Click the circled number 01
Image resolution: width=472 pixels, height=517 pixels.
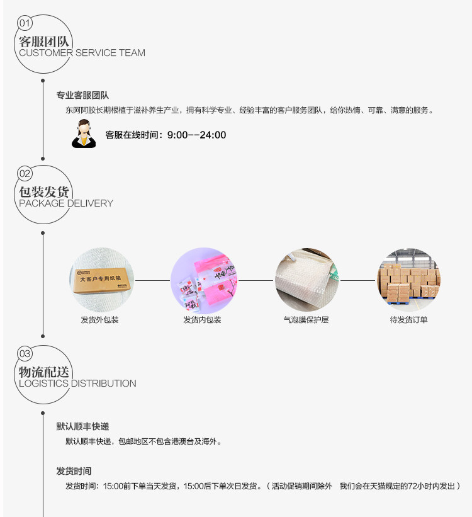click(x=25, y=23)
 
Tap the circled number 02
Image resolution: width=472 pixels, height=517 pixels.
click(x=25, y=173)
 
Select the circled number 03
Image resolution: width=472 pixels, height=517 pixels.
click(x=25, y=354)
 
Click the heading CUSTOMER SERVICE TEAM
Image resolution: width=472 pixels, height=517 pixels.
click(x=82, y=53)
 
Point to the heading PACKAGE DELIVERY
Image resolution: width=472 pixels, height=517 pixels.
click(x=66, y=203)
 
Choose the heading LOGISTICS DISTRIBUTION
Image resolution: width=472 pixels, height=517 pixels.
click(x=77, y=383)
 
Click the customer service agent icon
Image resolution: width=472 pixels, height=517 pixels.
click(x=84, y=134)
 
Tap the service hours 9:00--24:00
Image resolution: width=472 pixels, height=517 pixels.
click(x=197, y=135)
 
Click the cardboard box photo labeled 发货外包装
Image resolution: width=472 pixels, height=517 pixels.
click(x=101, y=280)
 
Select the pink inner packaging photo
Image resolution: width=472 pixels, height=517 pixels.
click(x=204, y=281)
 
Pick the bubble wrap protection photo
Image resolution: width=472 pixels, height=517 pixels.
click(x=306, y=280)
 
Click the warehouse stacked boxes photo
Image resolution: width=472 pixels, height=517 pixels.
click(x=408, y=280)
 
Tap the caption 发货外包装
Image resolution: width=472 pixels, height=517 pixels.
click(x=99, y=319)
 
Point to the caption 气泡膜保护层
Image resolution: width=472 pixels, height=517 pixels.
click(x=306, y=319)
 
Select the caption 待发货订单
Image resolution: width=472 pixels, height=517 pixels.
click(x=408, y=319)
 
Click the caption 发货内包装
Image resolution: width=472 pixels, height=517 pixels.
click(x=202, y=319)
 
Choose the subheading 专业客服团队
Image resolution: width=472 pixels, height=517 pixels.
click(x=82, y=95)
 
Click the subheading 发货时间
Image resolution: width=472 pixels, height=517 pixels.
click(x=74, y=471)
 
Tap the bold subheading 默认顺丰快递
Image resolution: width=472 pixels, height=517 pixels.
click(x=82, y=426)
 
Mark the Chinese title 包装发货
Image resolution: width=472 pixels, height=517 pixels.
click(x=43, y=191)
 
